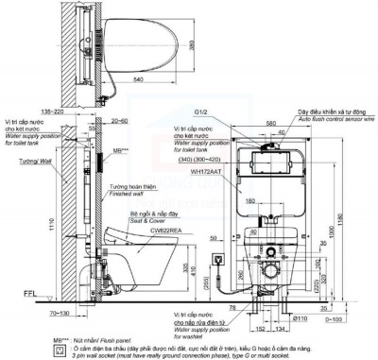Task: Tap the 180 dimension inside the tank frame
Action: point(248,199)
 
